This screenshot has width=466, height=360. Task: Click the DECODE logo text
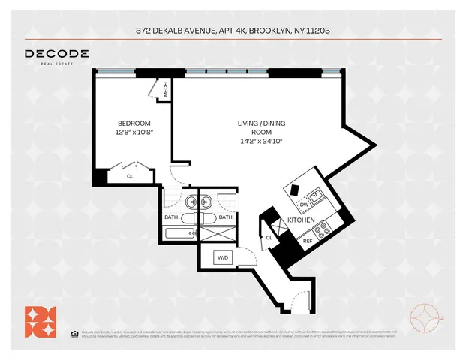(x=57, y=54)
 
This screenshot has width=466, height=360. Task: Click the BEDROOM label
(x=134, y=124)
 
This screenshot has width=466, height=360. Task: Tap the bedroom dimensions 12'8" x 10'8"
(x=134, y=133)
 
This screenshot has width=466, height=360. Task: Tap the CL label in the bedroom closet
(x=130, y=176)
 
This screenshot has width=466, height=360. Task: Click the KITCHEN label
(x=301, y=220)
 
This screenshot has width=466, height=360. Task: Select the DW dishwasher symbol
(x=304, y=204)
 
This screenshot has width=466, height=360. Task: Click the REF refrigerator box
(x=306, y=241)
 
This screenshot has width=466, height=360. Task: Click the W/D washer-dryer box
(x=223, y=258)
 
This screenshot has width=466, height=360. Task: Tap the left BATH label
(x=172, y=217)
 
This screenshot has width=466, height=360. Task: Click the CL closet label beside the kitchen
(x=269, y=238)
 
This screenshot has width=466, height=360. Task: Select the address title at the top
(x=233, y=31)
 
